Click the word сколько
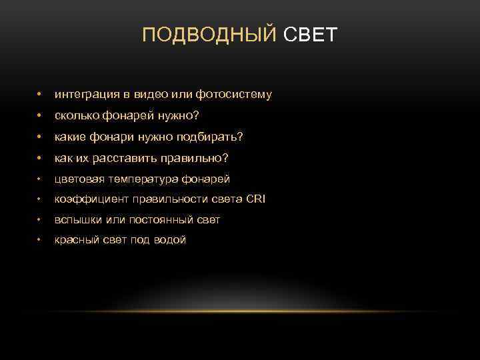(77, 116)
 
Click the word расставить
(119, 159)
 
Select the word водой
(169, 239)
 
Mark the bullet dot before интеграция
(41, 95)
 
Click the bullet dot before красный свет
(41, 239)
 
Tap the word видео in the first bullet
(138, 95)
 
